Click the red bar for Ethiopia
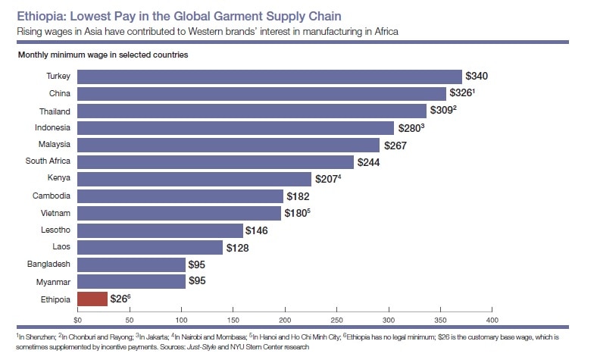tap(92, 299)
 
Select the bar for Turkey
tap(269, 77)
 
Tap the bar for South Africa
tap(215, 161)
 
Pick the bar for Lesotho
tap(160, 230)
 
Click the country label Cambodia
tap(52, 196)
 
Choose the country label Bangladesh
tap(49, 265)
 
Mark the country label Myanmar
tap(54, 282)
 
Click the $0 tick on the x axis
tap(77, 309)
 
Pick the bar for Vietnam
tap(179, 213)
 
